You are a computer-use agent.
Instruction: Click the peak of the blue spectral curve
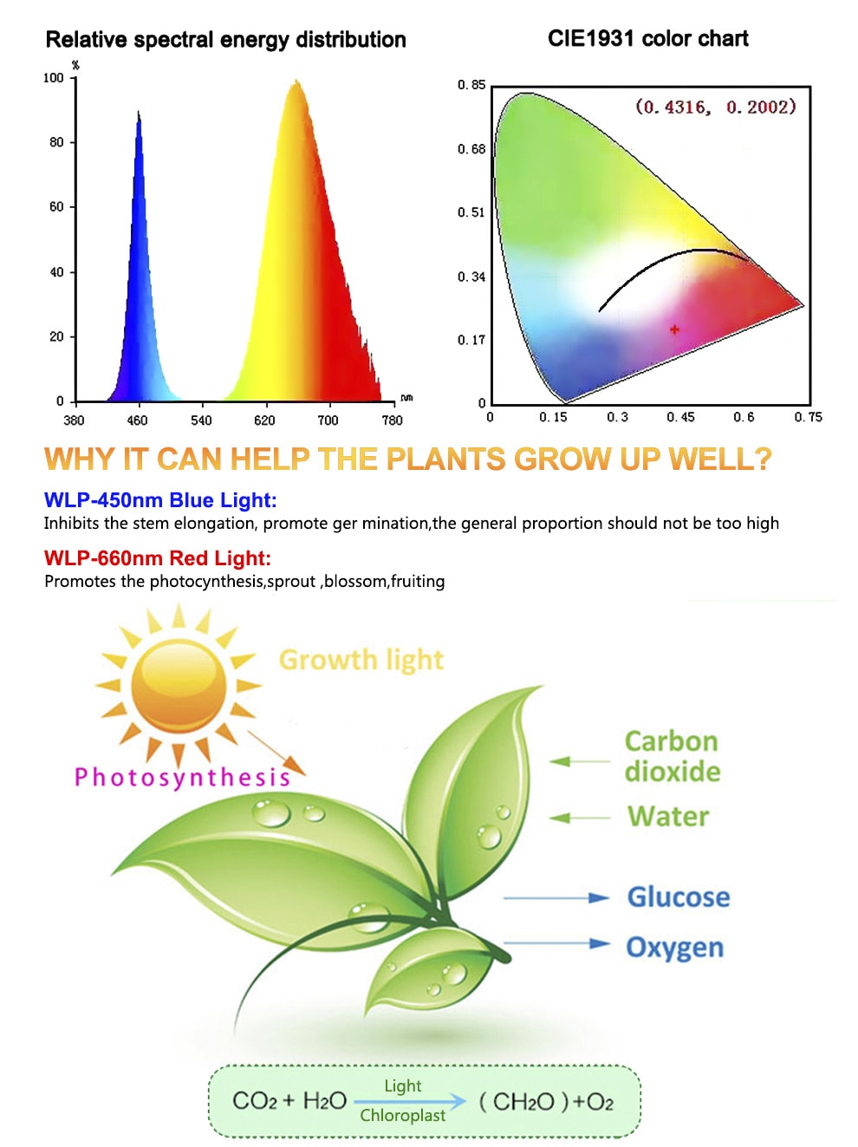click(138, 111)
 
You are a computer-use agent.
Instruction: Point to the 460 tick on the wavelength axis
click(137, 420)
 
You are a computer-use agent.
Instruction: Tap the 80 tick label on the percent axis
click(56, 142)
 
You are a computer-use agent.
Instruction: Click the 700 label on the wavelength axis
click(328, 420)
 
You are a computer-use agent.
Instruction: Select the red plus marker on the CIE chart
click(674, 329)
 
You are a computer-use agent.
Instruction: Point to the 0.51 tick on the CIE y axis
click(471, 212)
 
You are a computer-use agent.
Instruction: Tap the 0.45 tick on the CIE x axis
click(680, 417)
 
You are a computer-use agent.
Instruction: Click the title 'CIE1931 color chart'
click(647, 39)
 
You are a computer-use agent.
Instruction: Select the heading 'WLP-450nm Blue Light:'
click(160, 500)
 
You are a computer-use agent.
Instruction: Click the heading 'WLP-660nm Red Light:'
click(158, 558)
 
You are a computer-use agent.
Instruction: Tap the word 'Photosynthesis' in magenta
click(182, 778)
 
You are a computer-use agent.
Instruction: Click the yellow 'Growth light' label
click(361, 660)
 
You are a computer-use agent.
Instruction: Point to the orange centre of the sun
click(179, 686)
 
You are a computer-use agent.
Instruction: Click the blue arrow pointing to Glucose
click(556, 897)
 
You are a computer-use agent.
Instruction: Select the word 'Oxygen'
click(675, 947)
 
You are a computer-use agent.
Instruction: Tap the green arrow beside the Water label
click(580, 818)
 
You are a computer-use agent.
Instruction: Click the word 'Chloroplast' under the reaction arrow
click(403, 1115)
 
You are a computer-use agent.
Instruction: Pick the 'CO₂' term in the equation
click(254, 1100)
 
